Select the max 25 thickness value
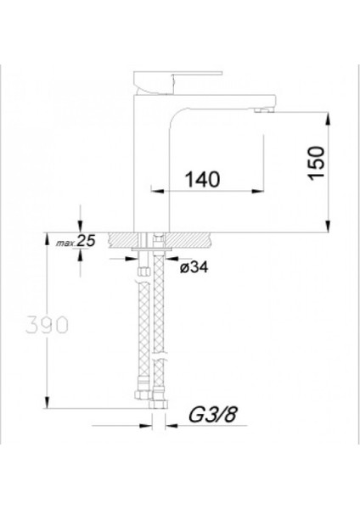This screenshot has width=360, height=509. click(x=85, y=242)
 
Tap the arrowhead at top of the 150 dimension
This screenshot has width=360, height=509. click(x=329, y=116)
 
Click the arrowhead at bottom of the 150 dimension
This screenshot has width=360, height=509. click(x=329, y=225)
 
